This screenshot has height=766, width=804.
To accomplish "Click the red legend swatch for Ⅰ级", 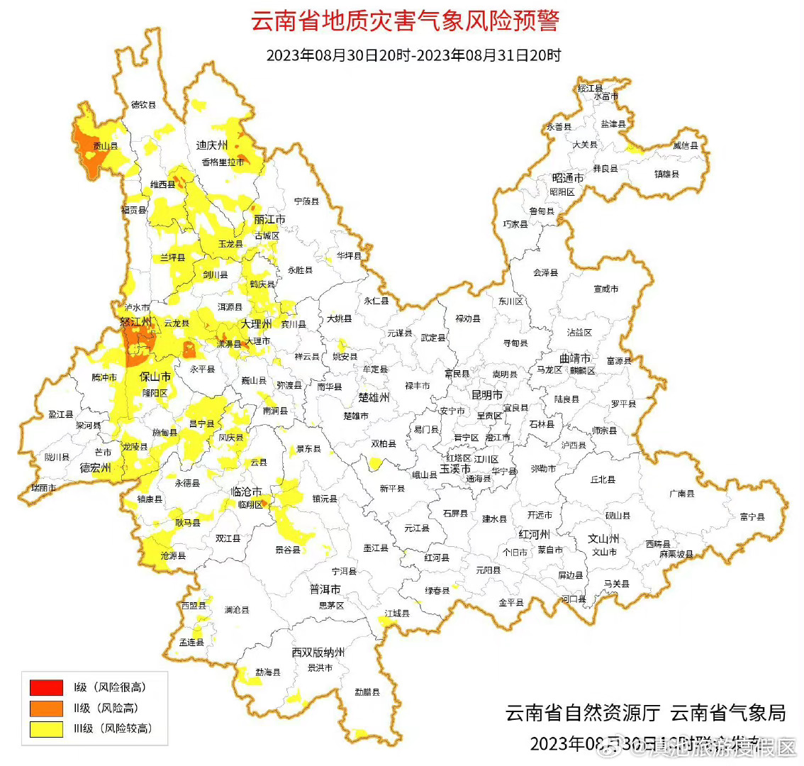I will [x=46, y=687].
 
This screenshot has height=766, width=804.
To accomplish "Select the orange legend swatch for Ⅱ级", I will [x=46, y=708].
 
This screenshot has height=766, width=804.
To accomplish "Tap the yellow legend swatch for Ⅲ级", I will [x=46, y=728].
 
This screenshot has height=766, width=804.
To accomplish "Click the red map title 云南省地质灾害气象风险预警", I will [x=405, y=21].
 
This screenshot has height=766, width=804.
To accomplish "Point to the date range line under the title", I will [x=413, y=55].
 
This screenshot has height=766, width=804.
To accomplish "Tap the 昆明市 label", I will [x=487, y=394].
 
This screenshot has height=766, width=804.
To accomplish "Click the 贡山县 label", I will [x=105, y=146].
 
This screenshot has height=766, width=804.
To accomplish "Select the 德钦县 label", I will [x=143, y=105].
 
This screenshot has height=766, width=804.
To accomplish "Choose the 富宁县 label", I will [x=752, y=517].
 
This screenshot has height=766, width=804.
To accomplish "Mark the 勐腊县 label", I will [x=367, y=692].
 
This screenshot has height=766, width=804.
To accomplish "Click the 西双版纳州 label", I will [x=318, y=653].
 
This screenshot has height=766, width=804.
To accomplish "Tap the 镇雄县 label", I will [x=666, y=174].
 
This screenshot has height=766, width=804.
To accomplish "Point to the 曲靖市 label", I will [x=574, y=358].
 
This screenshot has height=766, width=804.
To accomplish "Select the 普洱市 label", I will [x=325, y=589].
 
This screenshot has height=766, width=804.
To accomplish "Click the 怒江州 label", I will [x=136, y=322].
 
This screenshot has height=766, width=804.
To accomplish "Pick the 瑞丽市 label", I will [x=44, y=489].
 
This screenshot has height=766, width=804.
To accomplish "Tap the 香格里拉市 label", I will [x=223, y=162].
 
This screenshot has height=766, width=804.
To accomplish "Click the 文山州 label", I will [x=603, y=538].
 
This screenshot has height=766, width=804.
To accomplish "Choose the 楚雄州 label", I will [x=374, y=397].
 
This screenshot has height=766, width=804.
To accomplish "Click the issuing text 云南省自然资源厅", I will [x=583, y=713].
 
